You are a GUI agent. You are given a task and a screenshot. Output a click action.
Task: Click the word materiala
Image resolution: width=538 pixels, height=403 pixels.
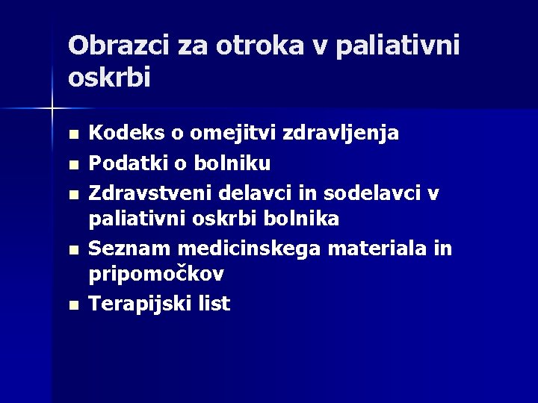(368, 248)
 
